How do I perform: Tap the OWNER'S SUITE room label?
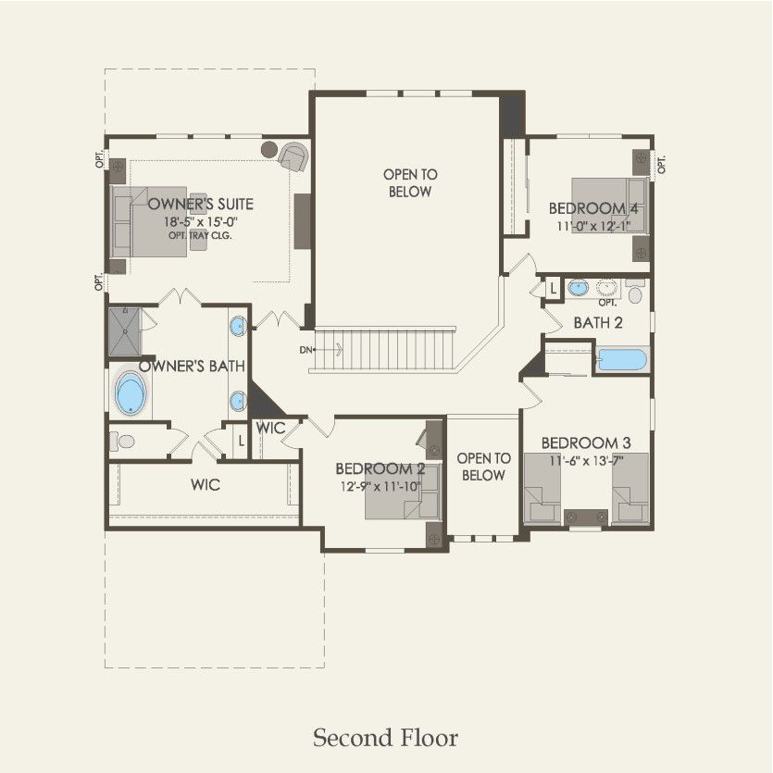tap(201, 204)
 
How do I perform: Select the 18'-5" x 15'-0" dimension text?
tap(201, 222)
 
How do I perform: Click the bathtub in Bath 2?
tap(622, 358)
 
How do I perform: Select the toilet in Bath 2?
tap(634, 293)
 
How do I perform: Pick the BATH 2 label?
tap(597, 323)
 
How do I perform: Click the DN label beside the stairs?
tap(305, 349)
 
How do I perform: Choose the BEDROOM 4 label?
tap(593, 208)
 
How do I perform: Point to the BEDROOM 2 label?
tap(380, 468)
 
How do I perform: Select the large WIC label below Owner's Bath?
tap(206, 484)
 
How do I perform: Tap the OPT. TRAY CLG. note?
tap(200, 236)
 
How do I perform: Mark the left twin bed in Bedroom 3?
tap(542, 489)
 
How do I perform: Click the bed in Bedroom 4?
tap(606, 206)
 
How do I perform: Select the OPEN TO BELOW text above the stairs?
tap(410, 182)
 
